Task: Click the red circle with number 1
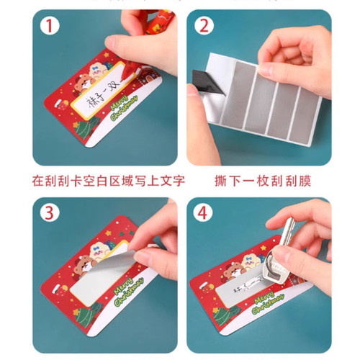point(48,27)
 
